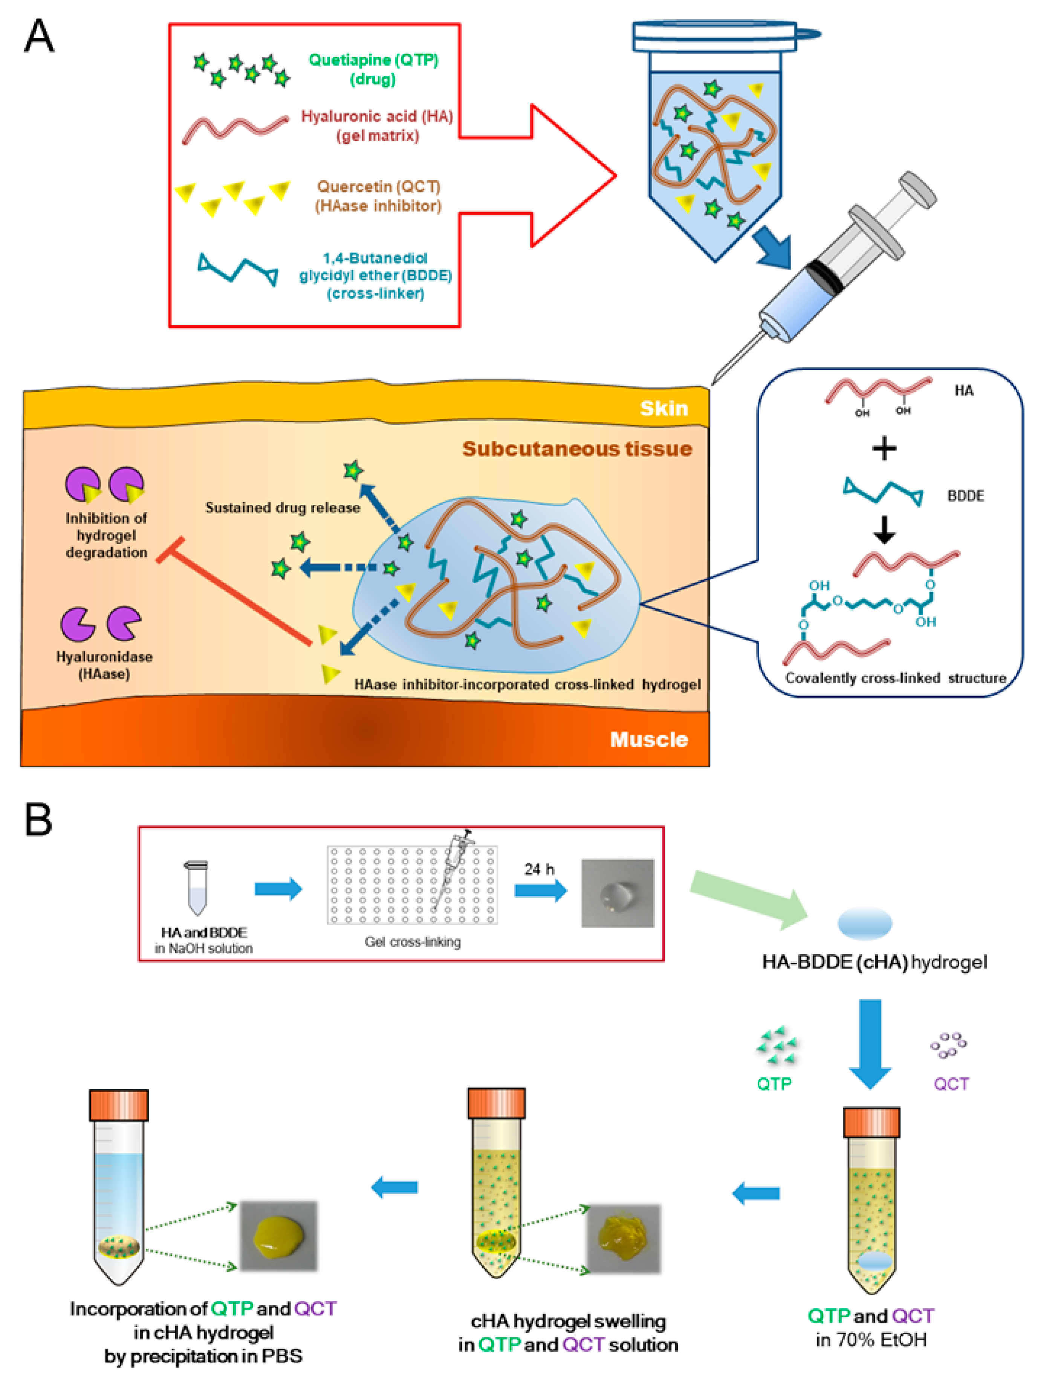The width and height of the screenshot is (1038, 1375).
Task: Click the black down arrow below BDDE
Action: pyautogui.click(x=884, y=530)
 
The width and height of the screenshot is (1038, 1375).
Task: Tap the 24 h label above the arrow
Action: pyautogui.click(x=538, y=869)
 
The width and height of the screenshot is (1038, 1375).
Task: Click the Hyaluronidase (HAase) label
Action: pyautogui.click(x=104, y=665)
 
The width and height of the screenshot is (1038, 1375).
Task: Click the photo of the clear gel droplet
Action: pyautogui.click(x=617, y=893)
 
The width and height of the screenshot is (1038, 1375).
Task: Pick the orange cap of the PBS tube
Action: pyautogui.click(x=119, y=1105)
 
